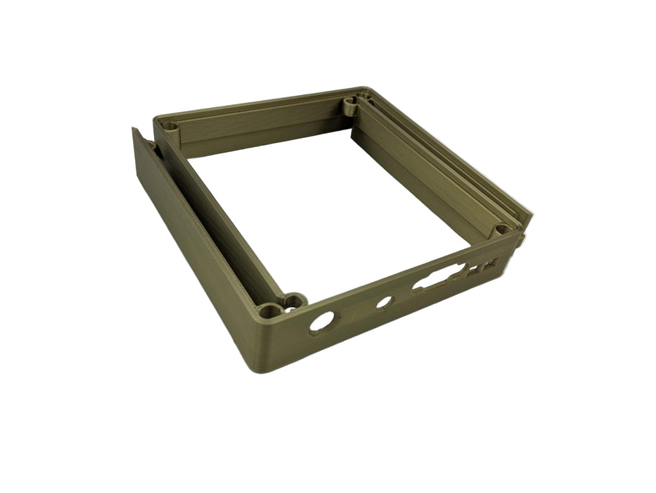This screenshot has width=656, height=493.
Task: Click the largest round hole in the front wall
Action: [322, 322]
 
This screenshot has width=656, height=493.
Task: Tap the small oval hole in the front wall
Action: [384, 302]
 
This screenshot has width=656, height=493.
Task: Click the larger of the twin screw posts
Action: [269, 311]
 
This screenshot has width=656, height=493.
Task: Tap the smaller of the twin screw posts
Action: [293, 301]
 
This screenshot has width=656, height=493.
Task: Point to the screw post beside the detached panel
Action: [170, 127]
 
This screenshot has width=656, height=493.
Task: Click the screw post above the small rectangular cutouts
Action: [501, 230]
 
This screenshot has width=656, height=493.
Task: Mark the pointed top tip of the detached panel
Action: [134, 130]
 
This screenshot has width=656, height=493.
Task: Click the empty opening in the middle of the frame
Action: [323, 211]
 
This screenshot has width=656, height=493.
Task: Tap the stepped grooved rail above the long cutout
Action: [436, 176]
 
